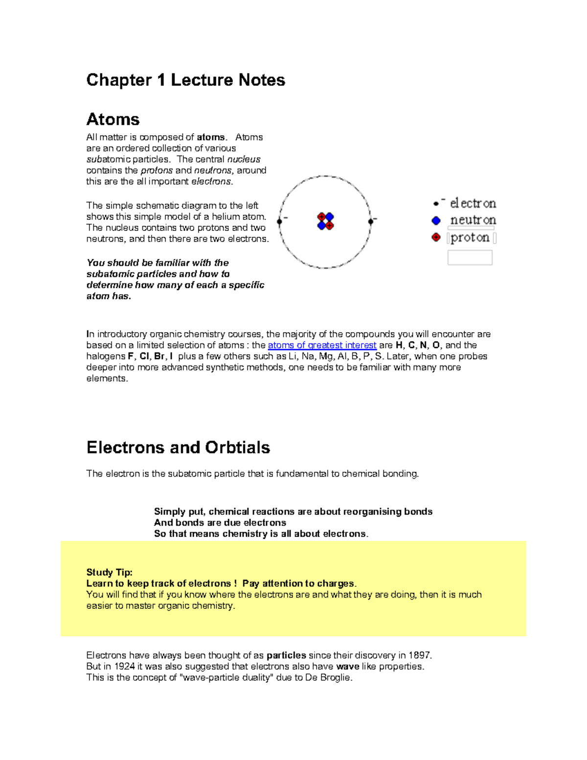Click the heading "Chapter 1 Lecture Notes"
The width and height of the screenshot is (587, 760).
185,80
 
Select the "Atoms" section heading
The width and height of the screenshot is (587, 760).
113,119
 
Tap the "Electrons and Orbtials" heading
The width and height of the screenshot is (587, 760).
178,447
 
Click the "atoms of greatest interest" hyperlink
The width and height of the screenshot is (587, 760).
322,345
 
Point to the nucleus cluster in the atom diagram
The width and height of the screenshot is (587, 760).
325,221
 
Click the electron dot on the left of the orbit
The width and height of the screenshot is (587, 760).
279,222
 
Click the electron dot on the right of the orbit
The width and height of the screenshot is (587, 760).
371,222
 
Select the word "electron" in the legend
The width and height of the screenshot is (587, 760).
473,203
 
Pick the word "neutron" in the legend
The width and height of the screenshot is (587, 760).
473,220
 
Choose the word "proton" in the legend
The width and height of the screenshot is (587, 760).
470,238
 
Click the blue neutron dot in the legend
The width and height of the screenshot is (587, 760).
436,221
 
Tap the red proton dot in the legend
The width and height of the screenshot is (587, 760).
436,237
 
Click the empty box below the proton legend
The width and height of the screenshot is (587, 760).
470,257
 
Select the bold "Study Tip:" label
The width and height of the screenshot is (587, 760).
109,572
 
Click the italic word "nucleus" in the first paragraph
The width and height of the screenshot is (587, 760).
244,160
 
